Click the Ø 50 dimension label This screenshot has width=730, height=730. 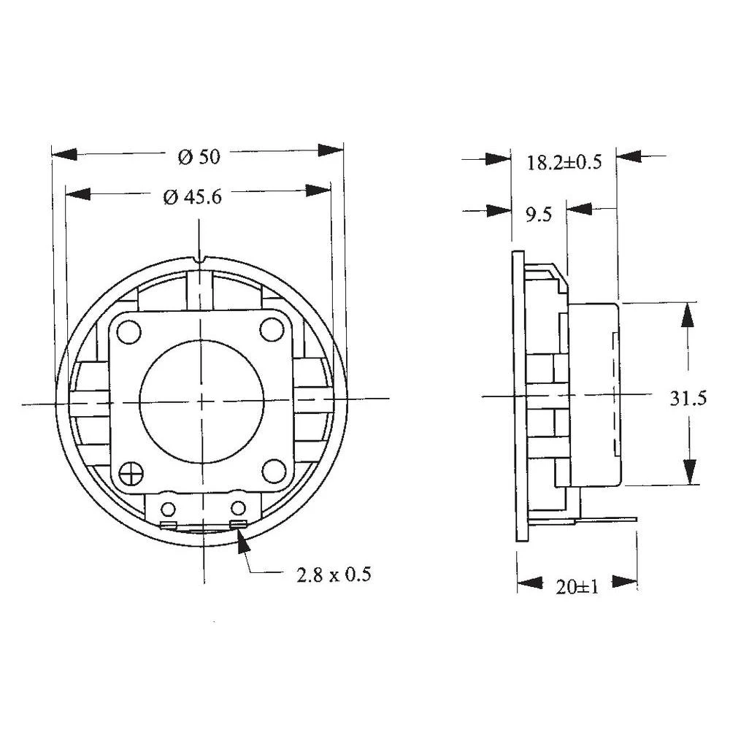pyautogui.click(x=199, y=155)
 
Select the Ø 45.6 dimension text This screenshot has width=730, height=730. pyautogui.click(x=192, y=196)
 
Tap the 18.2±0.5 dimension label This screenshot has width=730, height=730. pyautogui.click(x=564, y=163)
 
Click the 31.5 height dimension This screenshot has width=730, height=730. pyautogui.click(x=688, y=399)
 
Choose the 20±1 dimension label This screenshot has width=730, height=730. pyautogui.click(x=577, y=586)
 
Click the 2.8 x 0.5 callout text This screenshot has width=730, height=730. pyautogui.click(x=333, y=575)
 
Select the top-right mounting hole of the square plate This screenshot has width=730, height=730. pyautogui.click(x=272, y=331)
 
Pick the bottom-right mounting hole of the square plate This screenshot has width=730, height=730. pyautogui.click(x=273, y=472)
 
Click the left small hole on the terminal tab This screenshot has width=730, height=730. pyautogui.click(x=169, y=509)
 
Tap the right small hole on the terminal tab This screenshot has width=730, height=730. pyautogui.click(x=238, y=508)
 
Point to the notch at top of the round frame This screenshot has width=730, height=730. pyautogui.click(x=201, y=258)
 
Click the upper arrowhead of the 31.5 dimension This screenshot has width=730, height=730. pyautogui.click(x=688, y=315)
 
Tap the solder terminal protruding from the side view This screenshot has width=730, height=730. pyautogui.click(x=610, y=520)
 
